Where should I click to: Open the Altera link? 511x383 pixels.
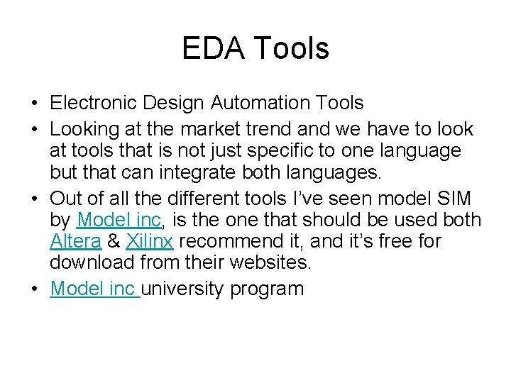coord(76,242)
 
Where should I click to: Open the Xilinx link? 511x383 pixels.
coord(150,242)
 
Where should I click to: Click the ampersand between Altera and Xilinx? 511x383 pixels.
coord(114,242)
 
